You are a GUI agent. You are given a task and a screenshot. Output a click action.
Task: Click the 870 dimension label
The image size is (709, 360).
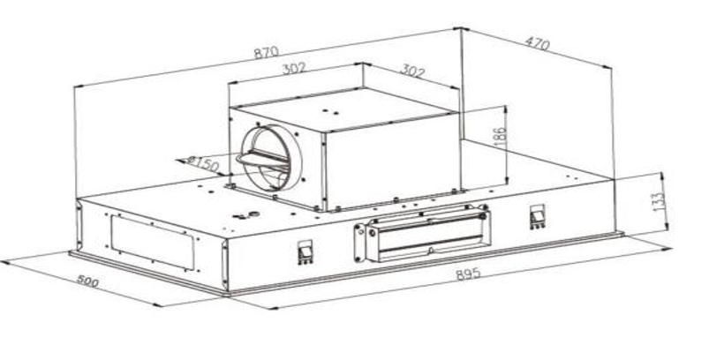[267, 52]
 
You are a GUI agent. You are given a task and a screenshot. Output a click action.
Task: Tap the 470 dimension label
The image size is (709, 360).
[537, 43]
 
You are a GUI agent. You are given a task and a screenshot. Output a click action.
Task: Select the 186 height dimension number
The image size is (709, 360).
[500, 138]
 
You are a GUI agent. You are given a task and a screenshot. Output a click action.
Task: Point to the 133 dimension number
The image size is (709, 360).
[659, 203]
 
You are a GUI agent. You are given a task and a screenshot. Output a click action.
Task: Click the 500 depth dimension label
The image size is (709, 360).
[87, 281]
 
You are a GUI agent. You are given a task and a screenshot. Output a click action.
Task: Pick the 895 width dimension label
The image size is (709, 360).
[468, 274]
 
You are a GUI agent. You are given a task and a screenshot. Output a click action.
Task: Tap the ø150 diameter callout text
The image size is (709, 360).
[202, 164]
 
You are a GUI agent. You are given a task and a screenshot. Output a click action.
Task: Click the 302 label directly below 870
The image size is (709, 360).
[294, 69]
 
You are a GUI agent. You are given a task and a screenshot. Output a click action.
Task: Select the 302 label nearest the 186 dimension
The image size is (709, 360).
[413, 71]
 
